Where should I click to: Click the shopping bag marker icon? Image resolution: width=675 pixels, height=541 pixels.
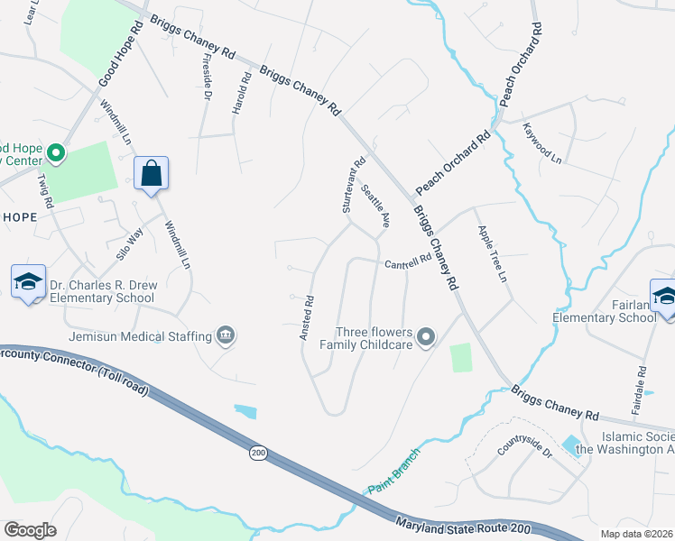[151, 173]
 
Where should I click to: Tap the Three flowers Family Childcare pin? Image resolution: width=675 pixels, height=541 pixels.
[428, 338]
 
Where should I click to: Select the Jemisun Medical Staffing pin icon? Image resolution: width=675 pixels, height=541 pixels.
[226, 336]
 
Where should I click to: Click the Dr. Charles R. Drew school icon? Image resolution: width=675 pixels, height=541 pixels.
[28, 281]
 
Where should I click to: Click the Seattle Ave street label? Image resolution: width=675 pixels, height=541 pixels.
[375, 206]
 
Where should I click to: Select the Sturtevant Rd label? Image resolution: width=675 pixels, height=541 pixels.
[353, 187]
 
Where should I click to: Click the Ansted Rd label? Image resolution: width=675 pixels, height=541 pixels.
[307, 317]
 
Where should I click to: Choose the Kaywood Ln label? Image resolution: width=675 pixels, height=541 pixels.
[541, 143]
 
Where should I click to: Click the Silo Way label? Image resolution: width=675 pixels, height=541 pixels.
[132, 244]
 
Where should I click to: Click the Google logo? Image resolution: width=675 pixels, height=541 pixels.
[30, 529]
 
